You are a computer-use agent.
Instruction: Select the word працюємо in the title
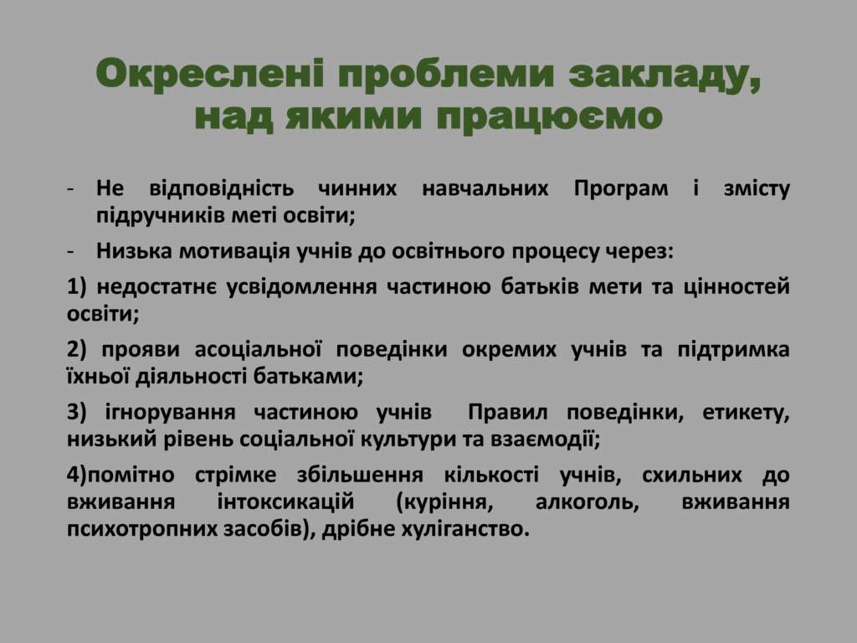550,117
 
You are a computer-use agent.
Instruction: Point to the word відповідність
221,188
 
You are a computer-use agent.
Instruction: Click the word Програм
621,189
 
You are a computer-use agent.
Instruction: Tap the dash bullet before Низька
70,252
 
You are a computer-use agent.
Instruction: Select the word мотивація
234,251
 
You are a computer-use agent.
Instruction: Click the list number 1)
76,287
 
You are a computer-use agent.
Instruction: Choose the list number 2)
76,350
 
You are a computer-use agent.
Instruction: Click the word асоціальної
258,349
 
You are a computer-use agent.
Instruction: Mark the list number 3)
76,412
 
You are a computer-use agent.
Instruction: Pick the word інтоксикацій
286,502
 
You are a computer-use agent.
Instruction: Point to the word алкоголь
588,502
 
